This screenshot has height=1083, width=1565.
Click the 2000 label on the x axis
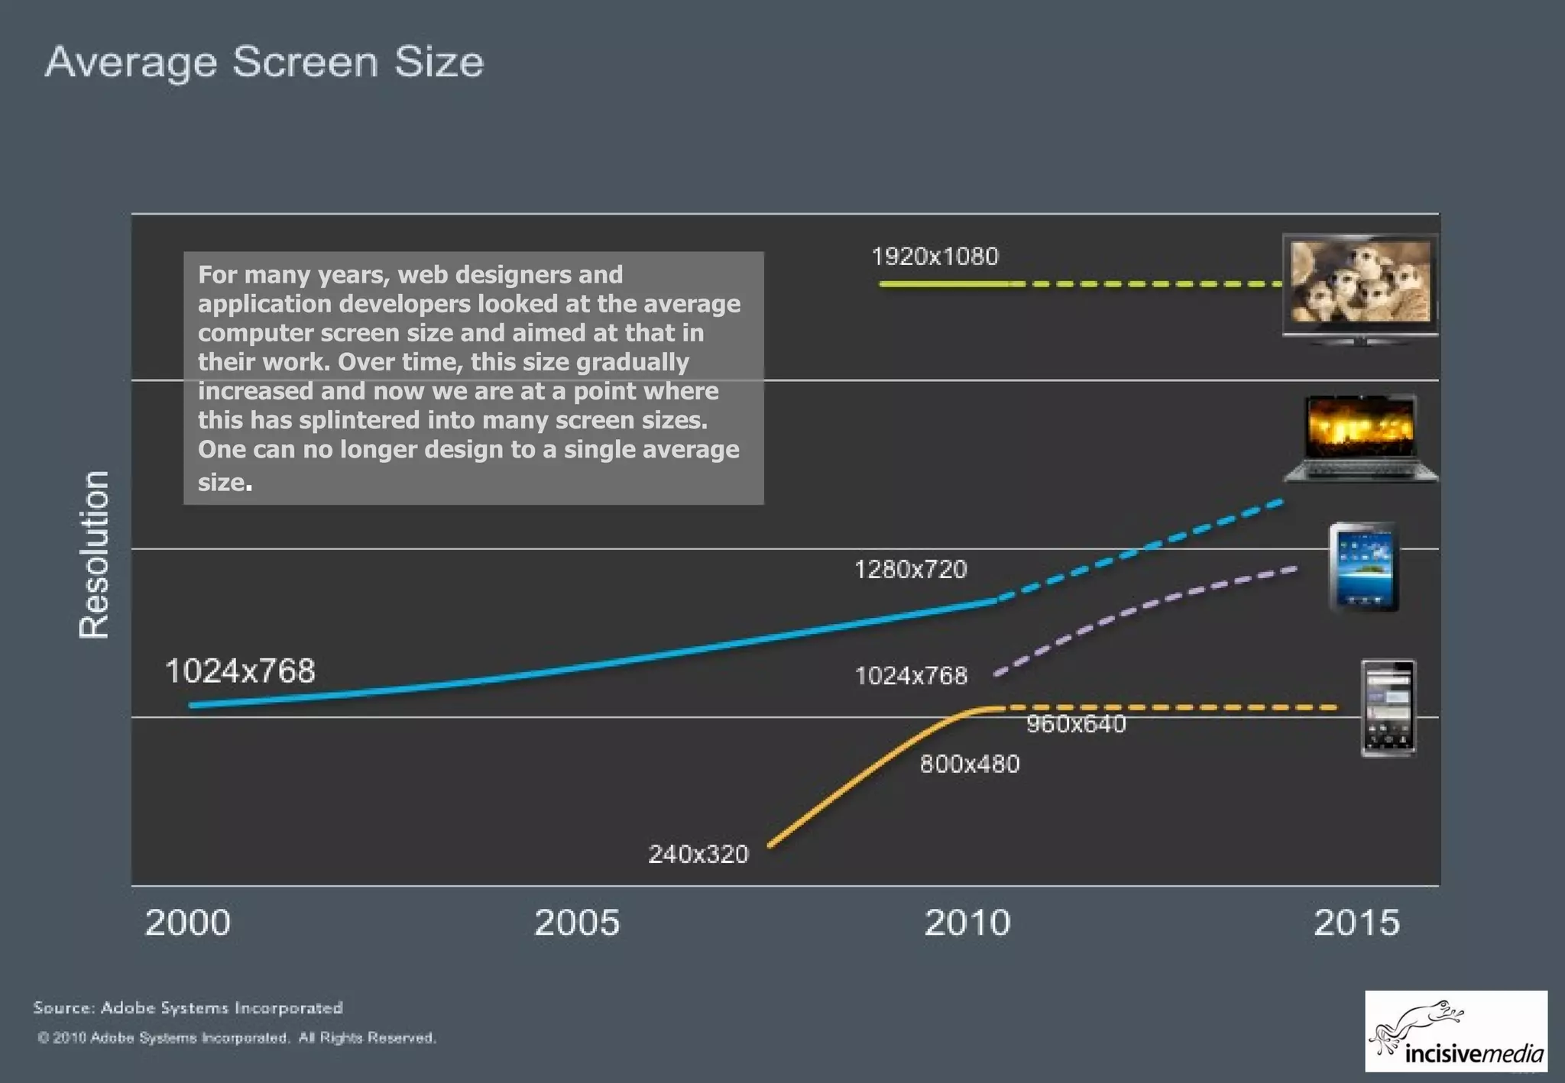187,923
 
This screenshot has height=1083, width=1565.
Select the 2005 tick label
577,923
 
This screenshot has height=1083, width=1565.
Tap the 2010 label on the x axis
967,923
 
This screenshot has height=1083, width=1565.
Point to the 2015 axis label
1356,923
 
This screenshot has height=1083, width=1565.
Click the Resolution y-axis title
94,554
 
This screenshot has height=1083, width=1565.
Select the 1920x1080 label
935,257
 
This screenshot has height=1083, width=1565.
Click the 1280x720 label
910,570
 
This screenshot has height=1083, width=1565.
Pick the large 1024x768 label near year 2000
240,671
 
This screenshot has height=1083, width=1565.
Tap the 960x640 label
1076,724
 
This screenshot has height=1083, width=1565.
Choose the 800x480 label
970,765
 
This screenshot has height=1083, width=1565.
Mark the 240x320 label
698,854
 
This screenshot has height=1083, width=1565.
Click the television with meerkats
1360,287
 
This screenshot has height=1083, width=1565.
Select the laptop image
1361,438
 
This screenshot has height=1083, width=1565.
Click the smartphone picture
1388,709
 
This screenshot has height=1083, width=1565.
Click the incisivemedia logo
1456,1031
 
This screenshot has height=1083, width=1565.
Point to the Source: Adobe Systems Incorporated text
188,1008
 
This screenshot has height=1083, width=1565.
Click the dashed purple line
1146,604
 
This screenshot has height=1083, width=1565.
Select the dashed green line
1146,284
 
